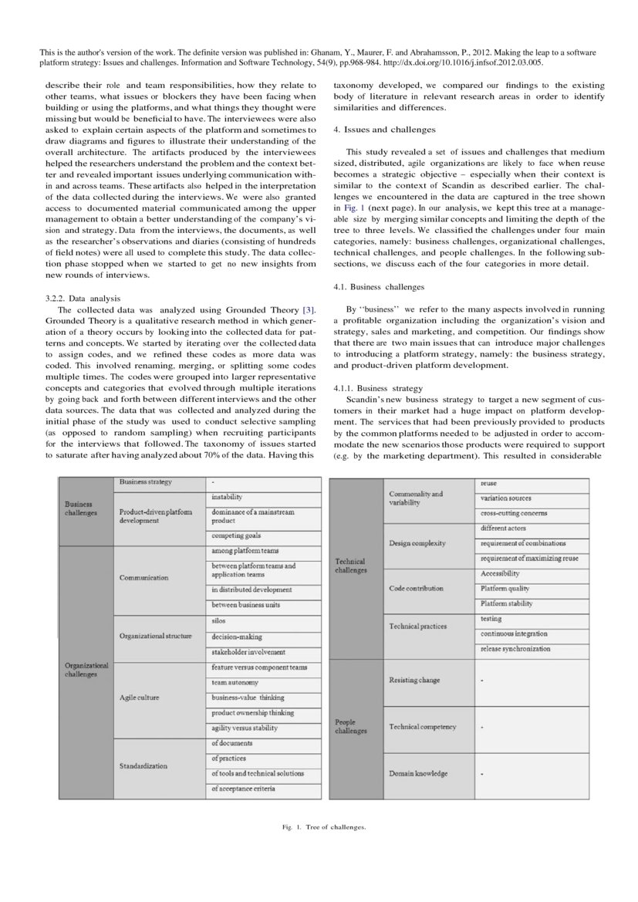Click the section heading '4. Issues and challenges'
tap(384, 130)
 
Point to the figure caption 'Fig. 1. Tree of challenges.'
tap(323, 827)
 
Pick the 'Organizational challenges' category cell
tap(86, 670)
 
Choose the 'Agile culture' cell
tap(139, 698)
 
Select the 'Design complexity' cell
tap(417, 542)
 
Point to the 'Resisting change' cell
tap(414, 680)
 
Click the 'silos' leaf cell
tap(219, 620)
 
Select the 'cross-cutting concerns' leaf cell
tap(514, 513)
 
